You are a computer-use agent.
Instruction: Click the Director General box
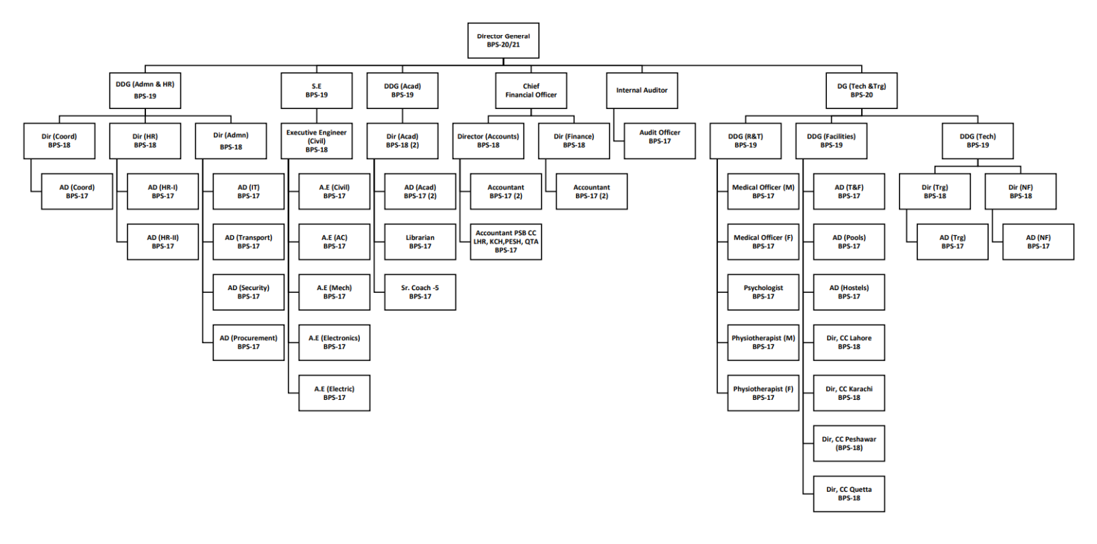503,40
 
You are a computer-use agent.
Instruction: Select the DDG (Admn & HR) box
145,91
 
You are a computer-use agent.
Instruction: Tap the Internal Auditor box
642,91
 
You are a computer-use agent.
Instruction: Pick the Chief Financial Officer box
531,91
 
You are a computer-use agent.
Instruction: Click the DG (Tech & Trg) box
861,91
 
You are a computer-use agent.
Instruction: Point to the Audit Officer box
660,141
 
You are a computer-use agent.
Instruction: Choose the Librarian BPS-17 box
420,241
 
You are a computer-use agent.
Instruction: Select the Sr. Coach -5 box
420,292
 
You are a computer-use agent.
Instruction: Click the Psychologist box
763,292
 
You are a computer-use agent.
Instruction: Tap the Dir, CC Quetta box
849,494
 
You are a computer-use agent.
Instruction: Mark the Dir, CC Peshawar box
849,443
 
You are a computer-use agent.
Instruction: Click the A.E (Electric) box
334,393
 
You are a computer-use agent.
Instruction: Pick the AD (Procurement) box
248,342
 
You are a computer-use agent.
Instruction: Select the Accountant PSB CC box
506,241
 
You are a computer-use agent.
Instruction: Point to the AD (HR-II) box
162,241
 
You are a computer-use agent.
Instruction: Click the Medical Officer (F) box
763,241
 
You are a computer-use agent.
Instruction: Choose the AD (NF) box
1038,241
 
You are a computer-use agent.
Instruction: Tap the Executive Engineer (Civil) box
316,141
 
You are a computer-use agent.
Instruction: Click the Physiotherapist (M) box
763,342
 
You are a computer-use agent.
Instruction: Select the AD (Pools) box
849,241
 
